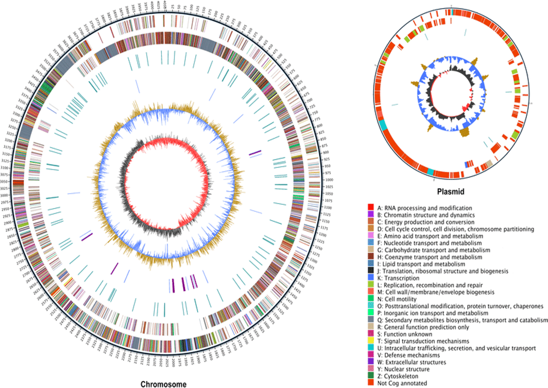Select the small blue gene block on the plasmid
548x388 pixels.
[467, 164]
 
